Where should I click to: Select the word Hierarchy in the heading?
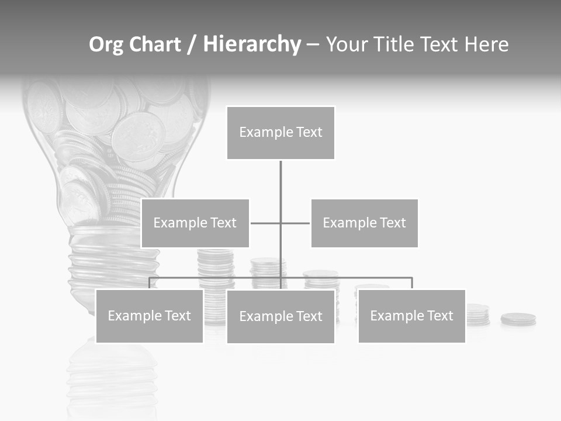point(252,44)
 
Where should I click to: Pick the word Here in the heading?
point(486,44)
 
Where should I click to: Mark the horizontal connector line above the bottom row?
point(351,278)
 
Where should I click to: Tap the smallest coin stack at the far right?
point(518,319)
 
